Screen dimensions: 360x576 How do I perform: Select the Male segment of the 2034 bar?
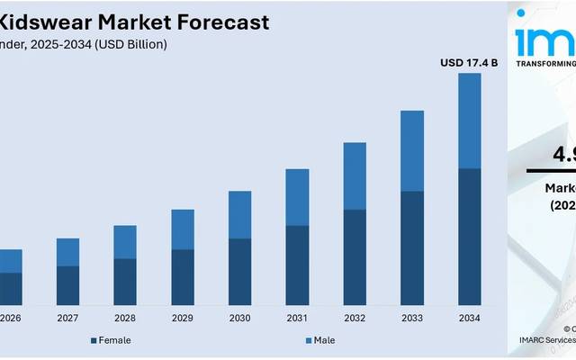pos(469,121)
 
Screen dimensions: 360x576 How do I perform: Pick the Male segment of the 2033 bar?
pos(411,150)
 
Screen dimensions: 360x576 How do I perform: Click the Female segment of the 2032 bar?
pos(355,257)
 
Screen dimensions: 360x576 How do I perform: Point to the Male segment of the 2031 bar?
pos(297,197)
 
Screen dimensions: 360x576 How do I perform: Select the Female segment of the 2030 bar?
pos(239,272)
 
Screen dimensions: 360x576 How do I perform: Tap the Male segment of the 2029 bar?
pos(183,229)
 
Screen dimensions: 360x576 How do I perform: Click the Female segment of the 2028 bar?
pos(125,282)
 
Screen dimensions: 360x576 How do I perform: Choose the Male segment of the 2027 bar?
pos(68,252)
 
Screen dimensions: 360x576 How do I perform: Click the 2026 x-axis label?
pos(11,318)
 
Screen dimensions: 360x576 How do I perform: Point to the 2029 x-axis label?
pos(183,318)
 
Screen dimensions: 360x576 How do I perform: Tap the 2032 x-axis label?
pos(355,318)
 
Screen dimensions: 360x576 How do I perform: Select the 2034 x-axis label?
pos(469,318)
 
